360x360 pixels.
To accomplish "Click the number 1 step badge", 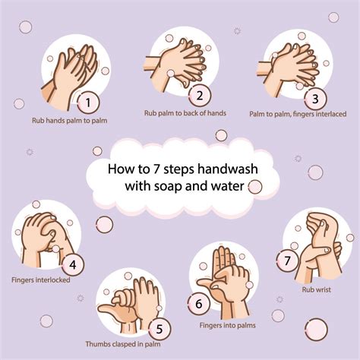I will (89, 101).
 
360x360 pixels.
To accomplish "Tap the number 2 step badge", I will (199, 95).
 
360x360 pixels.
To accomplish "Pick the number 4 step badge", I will (73, 265).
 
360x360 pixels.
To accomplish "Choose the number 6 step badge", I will (198, 303).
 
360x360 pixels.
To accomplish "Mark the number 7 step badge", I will (287, 261).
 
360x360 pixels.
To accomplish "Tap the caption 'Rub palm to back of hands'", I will (185, 113).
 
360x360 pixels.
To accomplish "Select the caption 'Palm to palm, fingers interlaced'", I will (298, 114).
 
